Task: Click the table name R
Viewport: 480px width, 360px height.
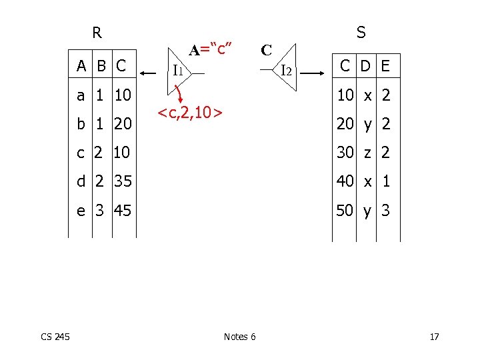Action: coord(97,33)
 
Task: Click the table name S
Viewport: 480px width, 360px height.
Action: coord(361,32)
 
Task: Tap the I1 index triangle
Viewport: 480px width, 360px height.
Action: coord(181,69)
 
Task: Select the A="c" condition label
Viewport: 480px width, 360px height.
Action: coord(210,49)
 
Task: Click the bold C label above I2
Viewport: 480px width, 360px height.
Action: coord(266,50)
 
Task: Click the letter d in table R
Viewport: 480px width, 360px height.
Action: coord(81,181)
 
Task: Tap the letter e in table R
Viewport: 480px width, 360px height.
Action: coord(81,211)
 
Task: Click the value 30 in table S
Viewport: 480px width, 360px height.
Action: coord(345,153)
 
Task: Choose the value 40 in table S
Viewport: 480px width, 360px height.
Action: coord(345,181)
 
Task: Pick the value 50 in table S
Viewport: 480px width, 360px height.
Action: coord(345,211)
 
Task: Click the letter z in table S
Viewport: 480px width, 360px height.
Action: coord(366,153)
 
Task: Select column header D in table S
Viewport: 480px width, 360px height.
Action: coord(365,65)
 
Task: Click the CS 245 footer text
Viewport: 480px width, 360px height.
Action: coord(56,337)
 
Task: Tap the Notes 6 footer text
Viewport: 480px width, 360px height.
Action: coord(239,337)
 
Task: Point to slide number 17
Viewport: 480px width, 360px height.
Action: coord(434,337)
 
